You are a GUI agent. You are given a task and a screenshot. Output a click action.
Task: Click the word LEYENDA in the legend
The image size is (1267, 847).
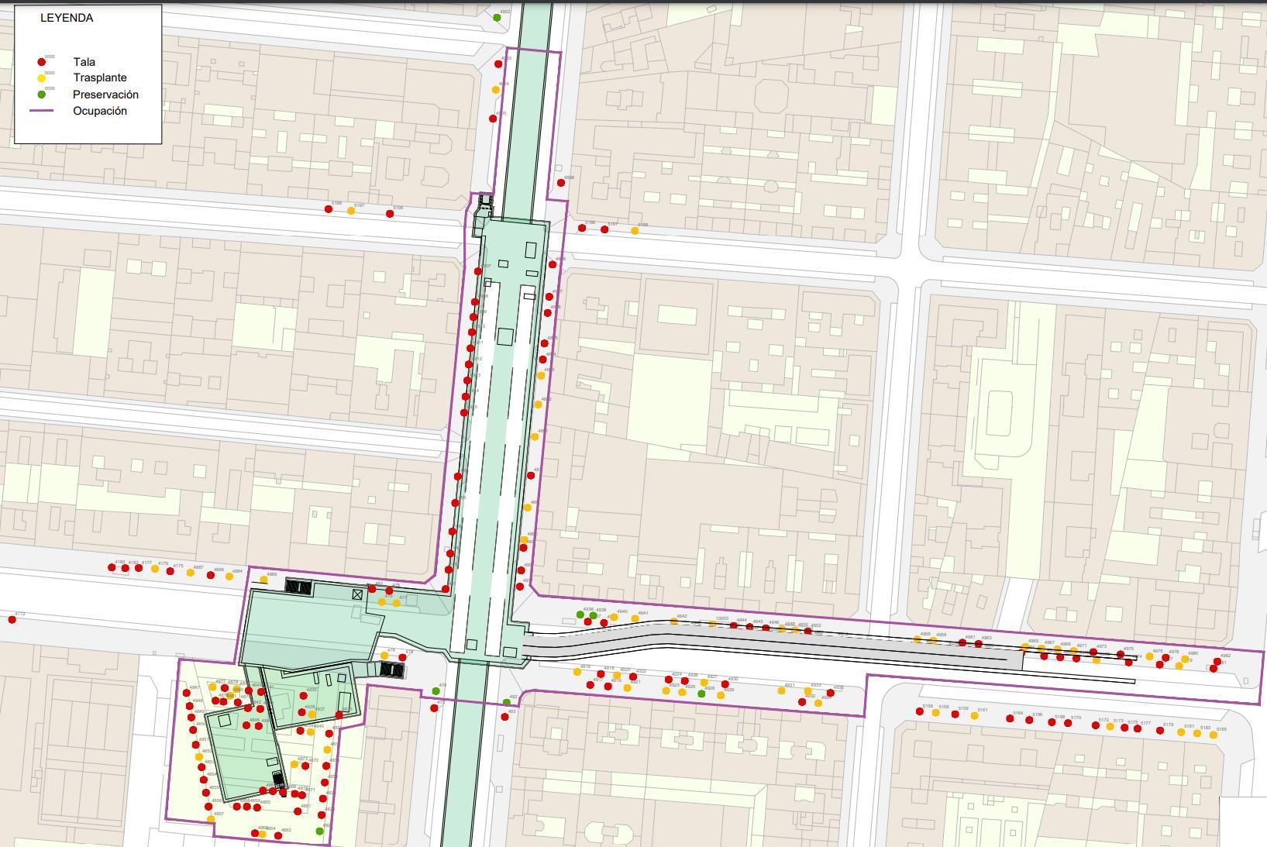(x=67, y=18)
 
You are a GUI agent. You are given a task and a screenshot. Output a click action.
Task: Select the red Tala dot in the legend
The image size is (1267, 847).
(x=42, y=62)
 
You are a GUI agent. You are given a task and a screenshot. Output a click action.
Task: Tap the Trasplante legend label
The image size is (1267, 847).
(x=99, y=77)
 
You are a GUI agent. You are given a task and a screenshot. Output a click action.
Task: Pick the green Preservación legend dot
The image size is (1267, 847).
(x=42, y=95)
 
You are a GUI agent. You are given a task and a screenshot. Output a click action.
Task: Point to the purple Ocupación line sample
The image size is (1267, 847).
(x=42, y=111)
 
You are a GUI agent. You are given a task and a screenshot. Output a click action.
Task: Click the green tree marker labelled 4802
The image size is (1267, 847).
(x=497, y=17)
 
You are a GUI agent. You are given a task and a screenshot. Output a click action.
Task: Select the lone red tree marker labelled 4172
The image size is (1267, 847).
(x=12, y=619)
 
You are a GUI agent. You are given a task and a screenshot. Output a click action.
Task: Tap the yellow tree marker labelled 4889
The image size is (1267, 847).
(x=263, y=579)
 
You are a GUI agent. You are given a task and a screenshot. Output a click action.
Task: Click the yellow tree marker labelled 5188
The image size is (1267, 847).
(x=635, y=230)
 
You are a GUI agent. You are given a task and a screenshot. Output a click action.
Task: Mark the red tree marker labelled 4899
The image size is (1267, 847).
(x=561, y=183)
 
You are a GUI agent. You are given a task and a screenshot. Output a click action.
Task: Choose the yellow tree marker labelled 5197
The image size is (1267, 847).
(x=351, y=211)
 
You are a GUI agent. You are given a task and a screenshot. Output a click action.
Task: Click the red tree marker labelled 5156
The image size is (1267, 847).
(x=920, y=711)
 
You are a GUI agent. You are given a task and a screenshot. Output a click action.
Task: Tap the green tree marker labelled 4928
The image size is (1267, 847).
(x=701, y=693)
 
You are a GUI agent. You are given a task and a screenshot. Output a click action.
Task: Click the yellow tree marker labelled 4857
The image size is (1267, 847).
(x=211, y=818)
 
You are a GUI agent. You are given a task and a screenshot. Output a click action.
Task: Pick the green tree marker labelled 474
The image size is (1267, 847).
(x=436, y=691)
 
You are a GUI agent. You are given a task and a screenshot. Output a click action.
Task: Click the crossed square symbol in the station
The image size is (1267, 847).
(x=357, y=594)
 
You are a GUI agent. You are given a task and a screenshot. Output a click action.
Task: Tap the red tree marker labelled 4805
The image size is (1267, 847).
(x=493, y=119)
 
